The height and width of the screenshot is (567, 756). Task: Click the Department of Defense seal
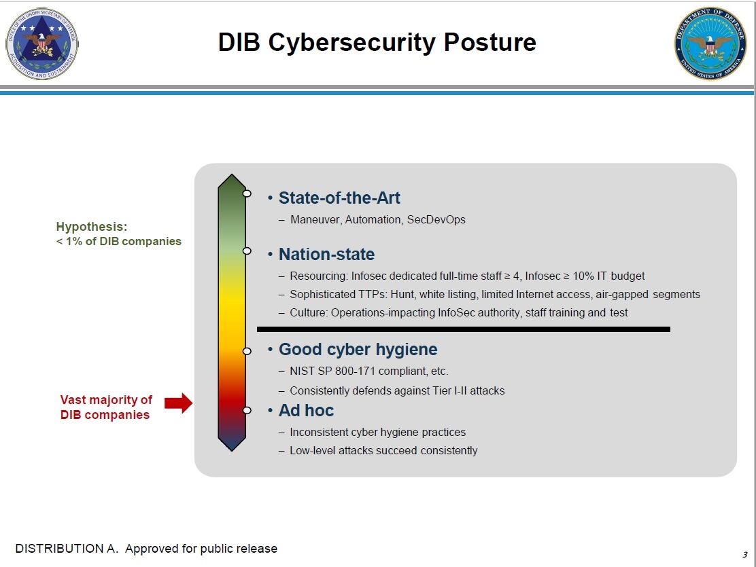(x=710, y=43)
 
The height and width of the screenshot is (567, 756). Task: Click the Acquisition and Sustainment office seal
(x=42, y=43)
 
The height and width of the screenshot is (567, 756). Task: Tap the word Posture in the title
(x=489, y=42)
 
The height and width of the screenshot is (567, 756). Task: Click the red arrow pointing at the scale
(x=178, y=403)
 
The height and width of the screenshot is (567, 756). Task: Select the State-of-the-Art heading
(x=339, y=198)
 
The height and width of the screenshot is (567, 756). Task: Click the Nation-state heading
(x=326, y=255)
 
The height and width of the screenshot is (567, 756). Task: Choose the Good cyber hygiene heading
(x=358, y=349)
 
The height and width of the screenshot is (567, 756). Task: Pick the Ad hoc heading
(x=306, y=410)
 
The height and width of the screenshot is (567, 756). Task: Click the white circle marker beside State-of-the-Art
(x=247, y=194)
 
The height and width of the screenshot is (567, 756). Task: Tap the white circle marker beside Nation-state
(x=247, y=251)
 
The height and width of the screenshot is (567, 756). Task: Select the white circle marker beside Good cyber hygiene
(x=247, y=351)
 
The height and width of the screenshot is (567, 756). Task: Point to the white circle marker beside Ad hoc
(x=247, y=410)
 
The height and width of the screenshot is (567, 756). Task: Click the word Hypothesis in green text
(x=92, y=227)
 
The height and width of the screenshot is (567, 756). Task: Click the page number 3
(x=745, y=555)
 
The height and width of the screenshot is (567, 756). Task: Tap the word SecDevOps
(x=436, y=220)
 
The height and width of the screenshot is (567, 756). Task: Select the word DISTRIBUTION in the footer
(x=60, y=548)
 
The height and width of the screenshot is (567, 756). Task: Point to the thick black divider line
(x=464, y=329)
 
